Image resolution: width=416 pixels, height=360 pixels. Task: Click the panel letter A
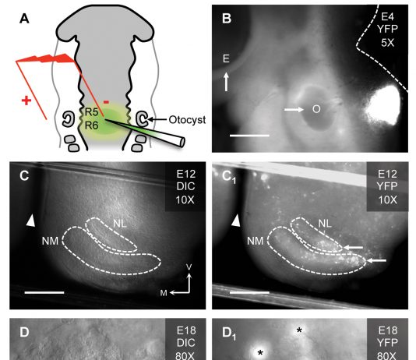24,19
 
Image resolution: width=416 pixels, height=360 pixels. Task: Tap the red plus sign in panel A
26,101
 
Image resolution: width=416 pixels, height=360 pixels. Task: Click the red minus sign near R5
106,102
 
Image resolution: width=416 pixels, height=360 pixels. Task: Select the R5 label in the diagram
91,112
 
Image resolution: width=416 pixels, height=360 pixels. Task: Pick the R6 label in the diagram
91,125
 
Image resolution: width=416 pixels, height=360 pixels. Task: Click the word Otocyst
187,120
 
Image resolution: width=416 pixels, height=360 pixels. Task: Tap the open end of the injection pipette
182,142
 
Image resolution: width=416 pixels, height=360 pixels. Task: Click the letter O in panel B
316,109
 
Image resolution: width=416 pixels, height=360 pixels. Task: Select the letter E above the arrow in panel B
226,58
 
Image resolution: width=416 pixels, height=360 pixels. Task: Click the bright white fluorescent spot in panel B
383,104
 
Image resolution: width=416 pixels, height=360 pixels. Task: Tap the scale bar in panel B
249,136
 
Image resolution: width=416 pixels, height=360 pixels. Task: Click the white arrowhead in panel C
31,221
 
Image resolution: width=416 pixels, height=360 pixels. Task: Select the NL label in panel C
120,224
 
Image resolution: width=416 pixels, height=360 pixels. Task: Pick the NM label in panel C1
256,241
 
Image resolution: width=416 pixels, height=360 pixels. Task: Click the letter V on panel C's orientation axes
189,266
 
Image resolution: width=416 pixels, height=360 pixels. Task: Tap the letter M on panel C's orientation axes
164,293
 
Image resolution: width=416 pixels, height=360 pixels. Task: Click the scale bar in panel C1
249,292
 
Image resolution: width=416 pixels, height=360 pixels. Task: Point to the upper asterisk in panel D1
299,330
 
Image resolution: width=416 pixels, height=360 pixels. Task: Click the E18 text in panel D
186,330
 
